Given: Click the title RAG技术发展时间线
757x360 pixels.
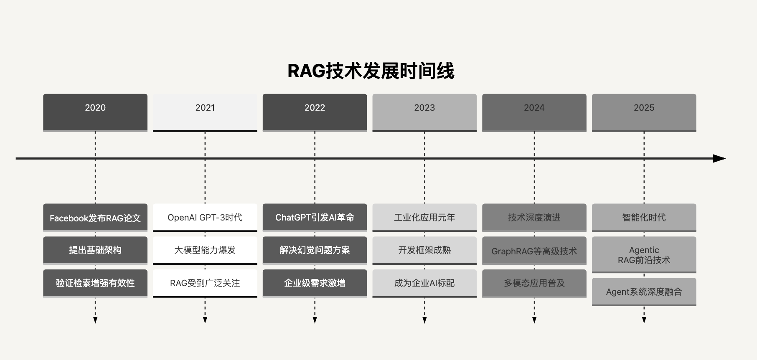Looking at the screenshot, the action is click(x=371, y=71).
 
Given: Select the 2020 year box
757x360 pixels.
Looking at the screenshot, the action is click(x=95, y=113).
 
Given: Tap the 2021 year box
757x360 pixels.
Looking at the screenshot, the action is click(x=205, y=113).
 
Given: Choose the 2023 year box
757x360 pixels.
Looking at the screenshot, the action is click(x=424, y=113).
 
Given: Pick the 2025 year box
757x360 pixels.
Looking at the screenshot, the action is click(x=644, y=113).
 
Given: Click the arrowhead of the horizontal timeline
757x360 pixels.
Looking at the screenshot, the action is click(x=719, y=159).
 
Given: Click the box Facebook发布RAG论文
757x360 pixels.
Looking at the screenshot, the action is click(x=95, y=218).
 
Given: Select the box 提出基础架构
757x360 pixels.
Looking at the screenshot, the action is click(x=95, y=251).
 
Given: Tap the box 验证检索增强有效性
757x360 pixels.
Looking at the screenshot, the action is click(x=95, y=283).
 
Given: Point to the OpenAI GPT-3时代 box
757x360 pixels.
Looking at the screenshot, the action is click(x=205, y=218).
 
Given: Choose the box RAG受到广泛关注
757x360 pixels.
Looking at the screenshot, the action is click(x=205, y=283).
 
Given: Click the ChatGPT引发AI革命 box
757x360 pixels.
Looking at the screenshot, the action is click(x=315, y=218).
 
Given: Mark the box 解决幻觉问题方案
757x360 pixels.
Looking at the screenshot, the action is click(x=315, y=251).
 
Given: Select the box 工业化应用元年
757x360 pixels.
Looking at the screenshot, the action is click(x=424, y=218).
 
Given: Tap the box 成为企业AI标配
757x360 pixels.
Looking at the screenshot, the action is click(x=424, y=283).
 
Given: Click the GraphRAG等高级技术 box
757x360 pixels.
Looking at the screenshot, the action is click(x=534, y=251).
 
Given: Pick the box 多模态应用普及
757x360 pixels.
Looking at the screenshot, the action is click(x=534, y=283).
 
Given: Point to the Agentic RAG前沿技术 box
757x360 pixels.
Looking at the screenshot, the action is click(x=644, y=255).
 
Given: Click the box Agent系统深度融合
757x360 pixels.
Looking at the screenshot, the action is click(x=644, y=292).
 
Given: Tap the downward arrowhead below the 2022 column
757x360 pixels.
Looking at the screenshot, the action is click(x=315, y=320).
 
